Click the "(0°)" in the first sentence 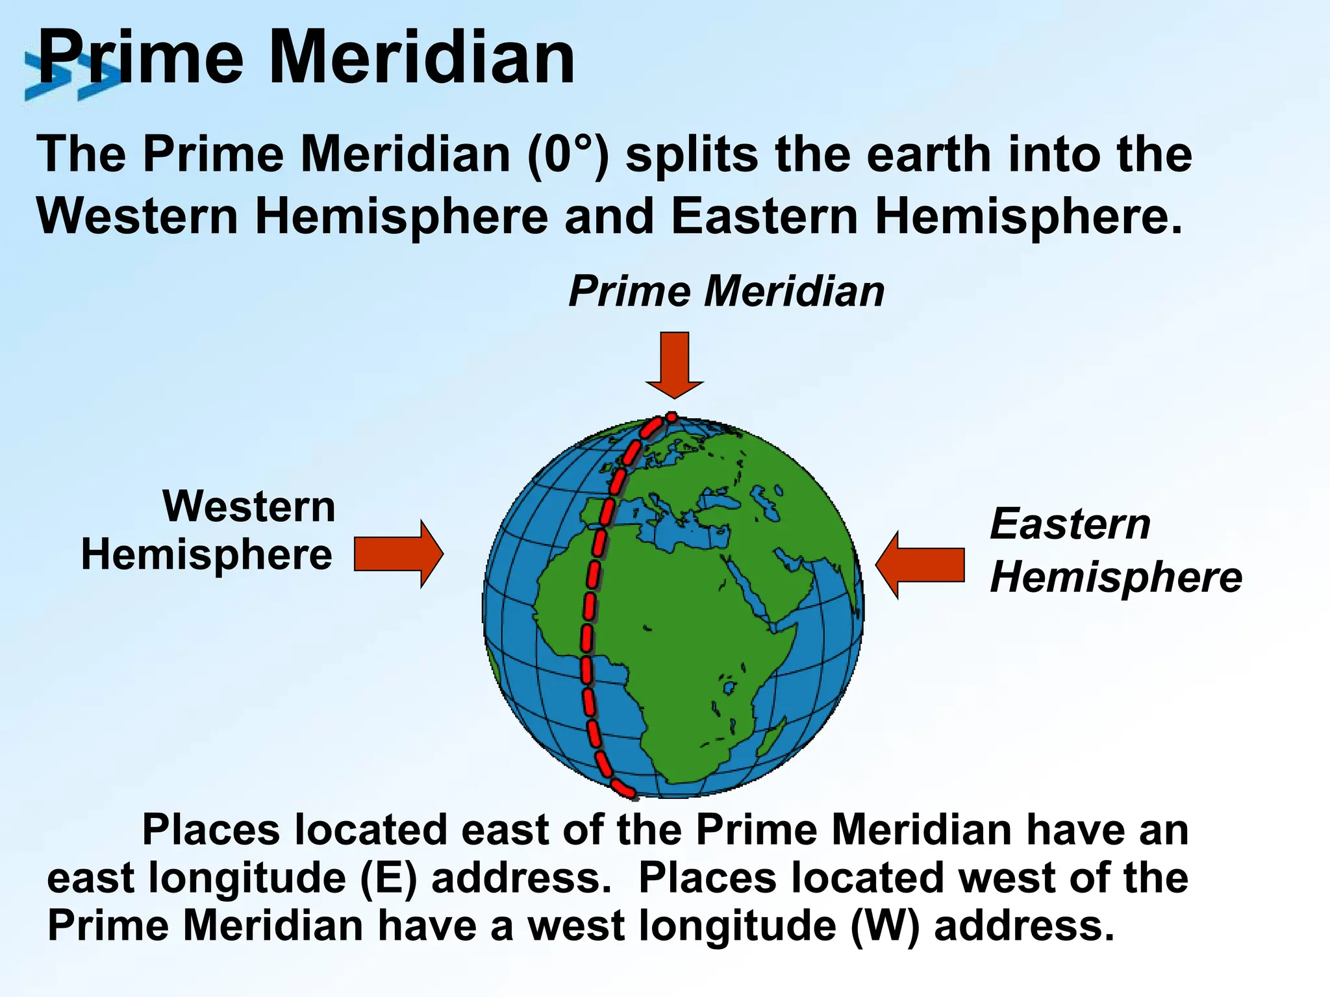click(x=568, y=156)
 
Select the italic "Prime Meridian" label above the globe click(x=726, y=291)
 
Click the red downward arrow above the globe click(x=675, y=363)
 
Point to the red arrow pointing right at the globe click(x=398, y=554)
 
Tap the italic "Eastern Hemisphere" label click(x=1114, y=550)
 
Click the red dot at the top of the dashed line click(x=672, y=417)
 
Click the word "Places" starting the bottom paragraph click(x=211, y=830)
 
